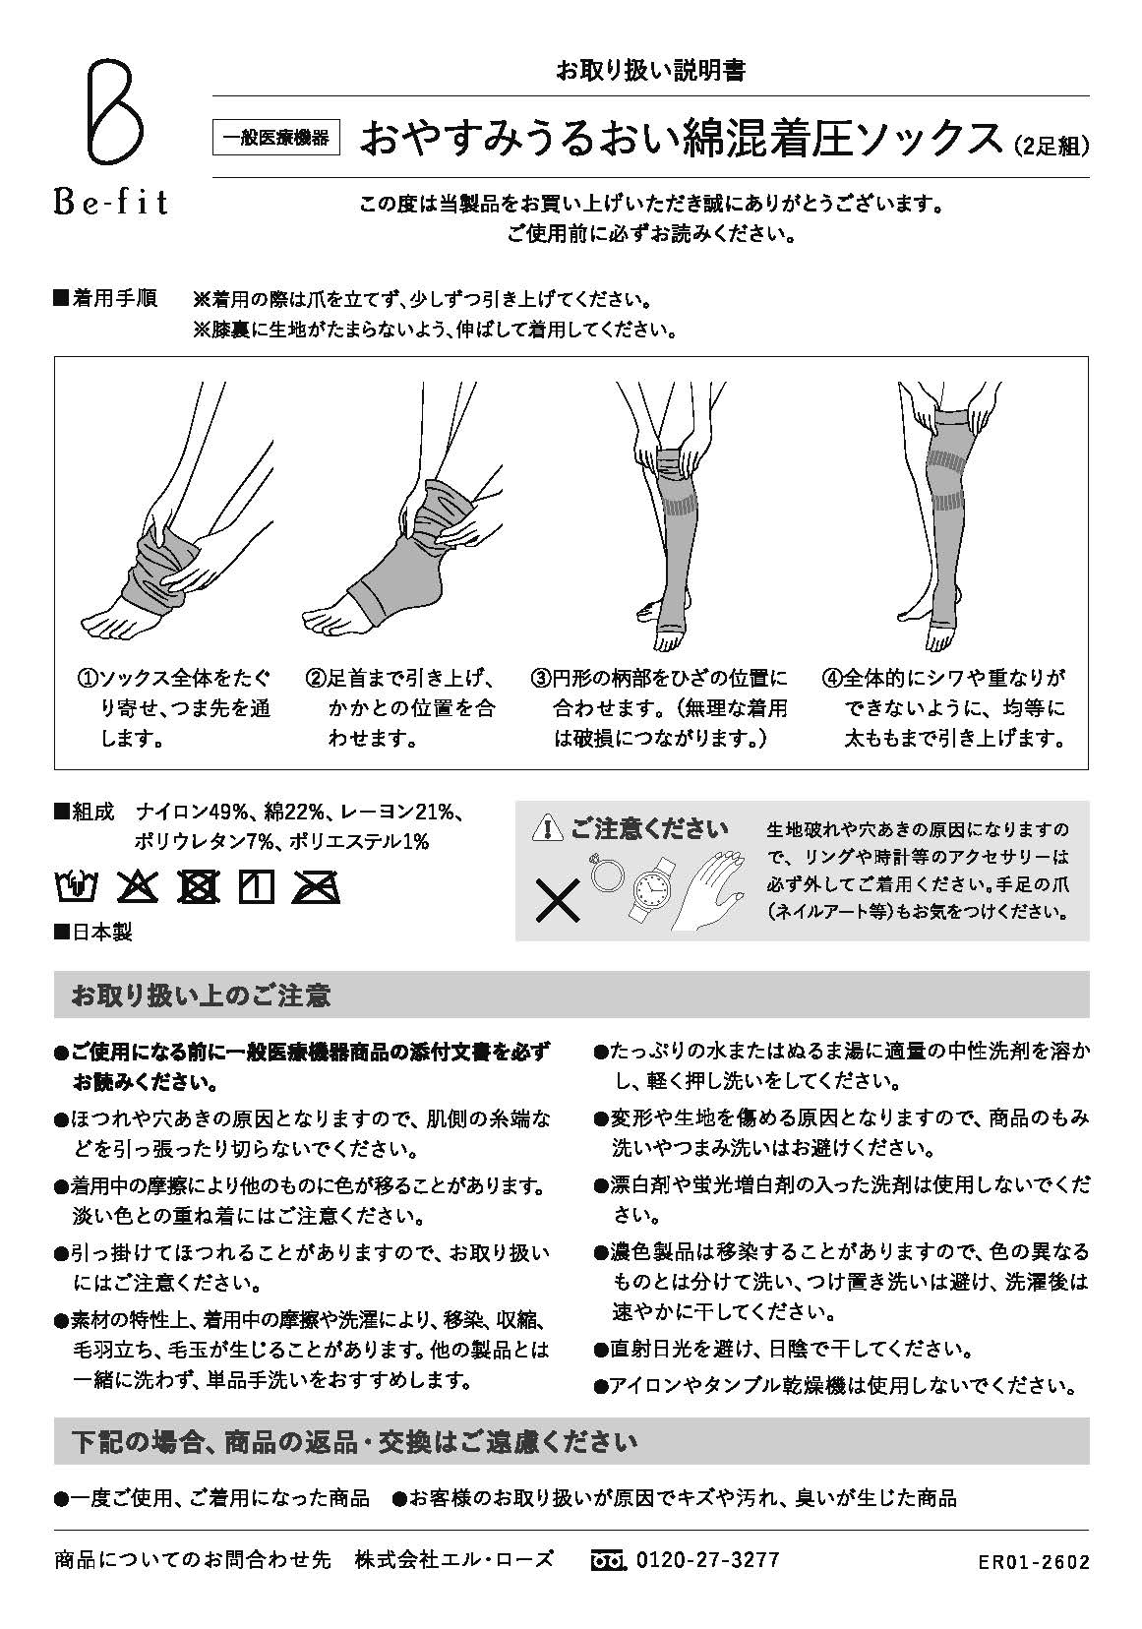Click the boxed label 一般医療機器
pos(276,139)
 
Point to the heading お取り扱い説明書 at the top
pos(650,70)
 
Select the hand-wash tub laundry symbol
pos(75,887)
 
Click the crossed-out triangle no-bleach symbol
pos(138,887)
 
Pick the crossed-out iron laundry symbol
pos(317,887)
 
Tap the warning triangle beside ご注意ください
pos(546,829)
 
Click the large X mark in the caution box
pos(557,900)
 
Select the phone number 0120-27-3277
pos(708,1559)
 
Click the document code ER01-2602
pos(1034,1562)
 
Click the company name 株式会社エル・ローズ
pos(454,1559)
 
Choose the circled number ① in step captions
pos(87,679)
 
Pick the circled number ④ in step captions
pos(832,679)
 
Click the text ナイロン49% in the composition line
pos(192,813)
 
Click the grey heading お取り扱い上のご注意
pos(201,995)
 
